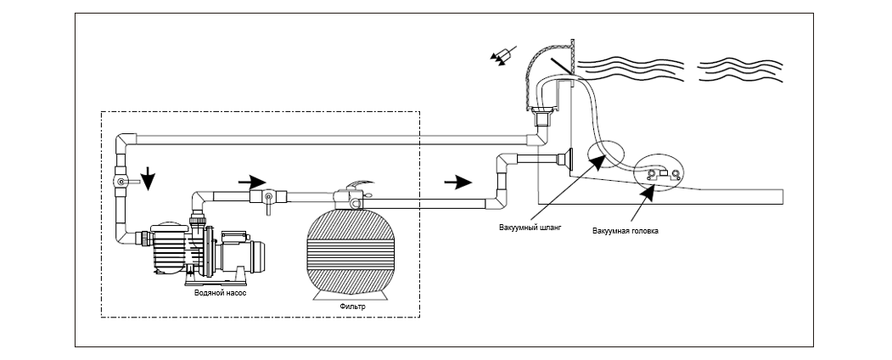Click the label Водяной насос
click(218, 294)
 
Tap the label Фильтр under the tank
click(350, 306)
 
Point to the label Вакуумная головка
click(625, 231)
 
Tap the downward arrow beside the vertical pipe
click(148, 178)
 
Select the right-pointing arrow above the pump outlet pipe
click(251, 183)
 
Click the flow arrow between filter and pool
click(458, 182)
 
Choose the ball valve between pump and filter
click(267, 199)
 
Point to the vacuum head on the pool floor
click(663, 175)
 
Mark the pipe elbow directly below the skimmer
click(536, 139)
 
